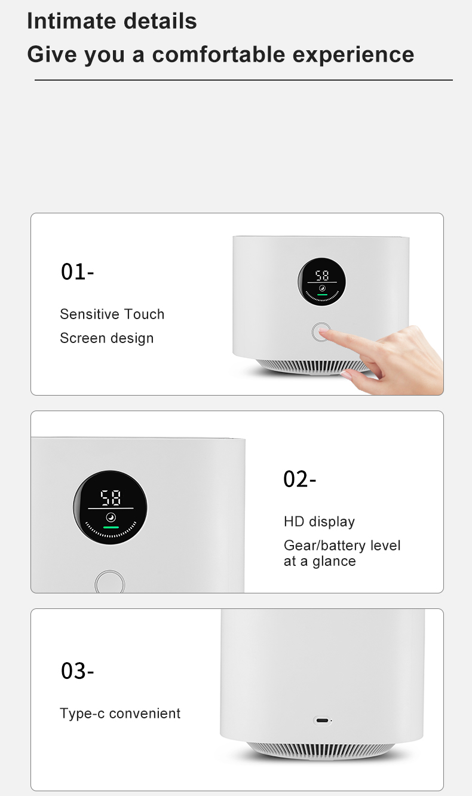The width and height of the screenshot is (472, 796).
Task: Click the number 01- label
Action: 78,272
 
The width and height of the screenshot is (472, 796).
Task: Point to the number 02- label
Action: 300,479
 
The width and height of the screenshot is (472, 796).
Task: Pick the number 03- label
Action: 78,671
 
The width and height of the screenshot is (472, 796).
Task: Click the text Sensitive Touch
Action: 112,314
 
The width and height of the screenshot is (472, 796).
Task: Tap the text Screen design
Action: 106,338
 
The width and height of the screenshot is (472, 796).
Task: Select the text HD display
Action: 319,522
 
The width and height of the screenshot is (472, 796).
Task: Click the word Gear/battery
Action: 324,546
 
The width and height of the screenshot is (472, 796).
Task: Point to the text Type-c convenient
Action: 120,713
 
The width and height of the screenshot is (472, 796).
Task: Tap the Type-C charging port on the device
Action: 322,721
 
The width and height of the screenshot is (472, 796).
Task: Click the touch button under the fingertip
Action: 321,332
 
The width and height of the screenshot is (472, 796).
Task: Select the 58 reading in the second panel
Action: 111,497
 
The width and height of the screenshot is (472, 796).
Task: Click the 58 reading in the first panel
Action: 322,275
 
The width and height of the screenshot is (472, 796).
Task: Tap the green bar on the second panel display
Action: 111,527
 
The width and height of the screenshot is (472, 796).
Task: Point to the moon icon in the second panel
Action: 111,517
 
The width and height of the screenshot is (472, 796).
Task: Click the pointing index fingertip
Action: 323,330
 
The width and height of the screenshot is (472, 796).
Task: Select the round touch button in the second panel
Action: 110,582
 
